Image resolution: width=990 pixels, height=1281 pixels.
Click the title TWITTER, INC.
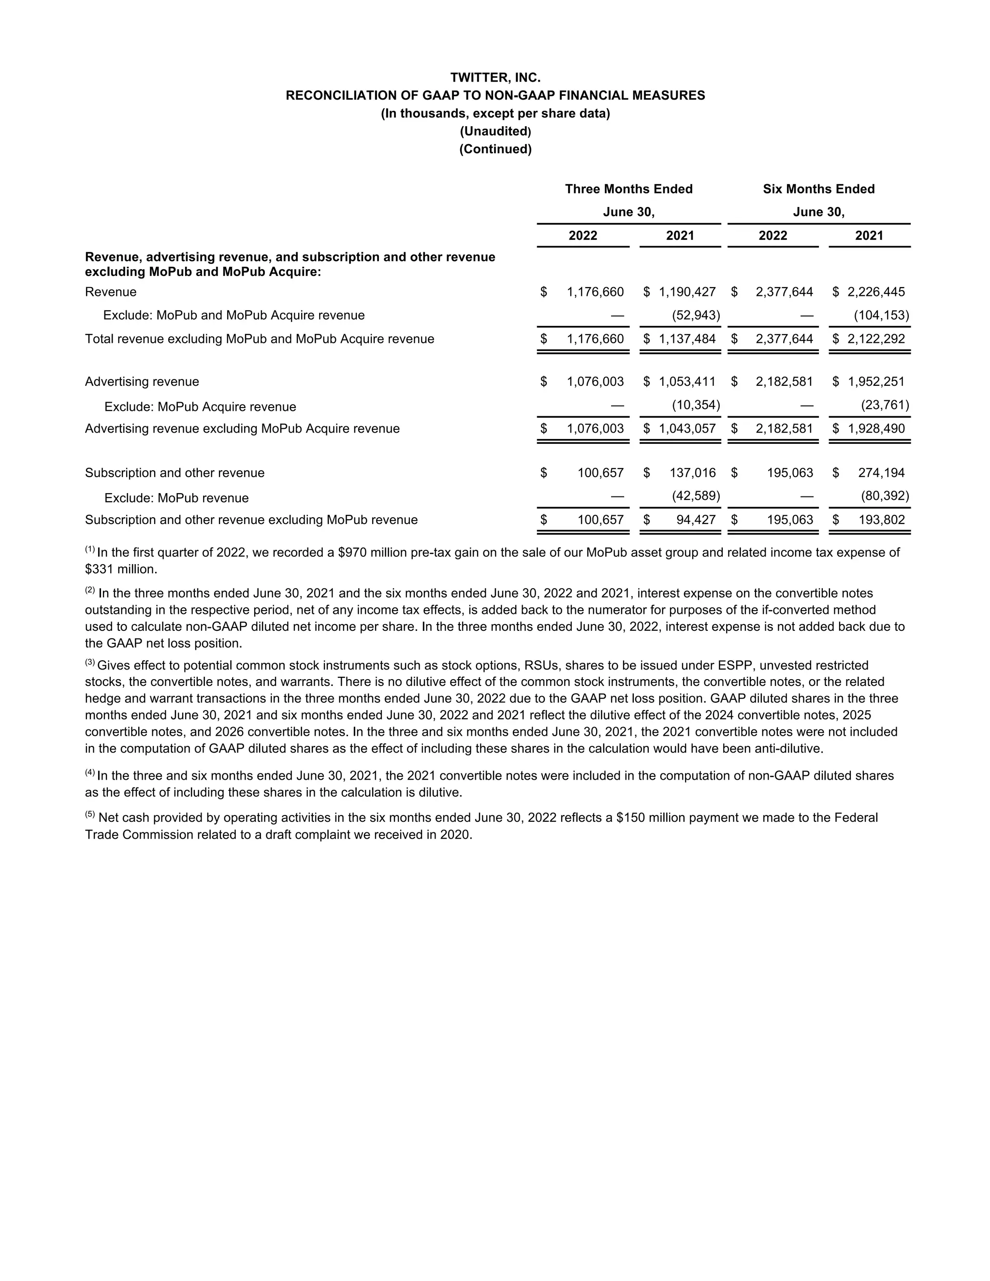[x=495, y=77]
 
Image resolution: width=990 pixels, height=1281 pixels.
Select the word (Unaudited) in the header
[x=495, y=131]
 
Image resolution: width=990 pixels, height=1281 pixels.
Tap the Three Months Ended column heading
[x=629, y=189]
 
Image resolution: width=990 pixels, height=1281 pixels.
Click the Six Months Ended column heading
[x=819, y=189]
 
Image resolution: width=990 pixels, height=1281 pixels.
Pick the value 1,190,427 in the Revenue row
[x=687, y=292]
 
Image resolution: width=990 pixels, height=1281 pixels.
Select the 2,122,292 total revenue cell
[x=876, y=339]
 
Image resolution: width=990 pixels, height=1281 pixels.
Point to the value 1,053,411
[x=687, y=382]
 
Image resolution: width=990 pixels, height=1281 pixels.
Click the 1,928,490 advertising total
[x=876, y=429]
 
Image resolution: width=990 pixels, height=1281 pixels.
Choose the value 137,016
[x=693, y=473]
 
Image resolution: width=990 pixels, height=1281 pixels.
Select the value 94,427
[x=696, y=520]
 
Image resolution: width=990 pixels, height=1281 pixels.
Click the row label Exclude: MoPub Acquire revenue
[x=200, y=407]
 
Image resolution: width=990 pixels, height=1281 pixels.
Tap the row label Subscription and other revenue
[x=175, y=473]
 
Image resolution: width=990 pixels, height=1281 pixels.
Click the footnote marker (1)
[x=90, y=550]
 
